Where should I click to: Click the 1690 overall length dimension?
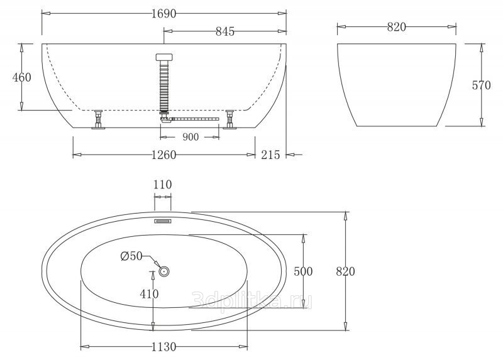[164, 13]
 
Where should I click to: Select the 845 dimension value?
[225, 31]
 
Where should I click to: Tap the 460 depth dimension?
[22, 77]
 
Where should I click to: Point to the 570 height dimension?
[481, 85]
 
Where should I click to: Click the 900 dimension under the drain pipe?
[191, 137]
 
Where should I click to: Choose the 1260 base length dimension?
[164, 155]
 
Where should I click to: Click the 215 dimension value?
[270, 155]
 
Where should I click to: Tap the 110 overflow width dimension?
[163, 185]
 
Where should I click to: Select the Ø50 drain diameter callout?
[131, 256]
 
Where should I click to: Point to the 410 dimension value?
[149, 293]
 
